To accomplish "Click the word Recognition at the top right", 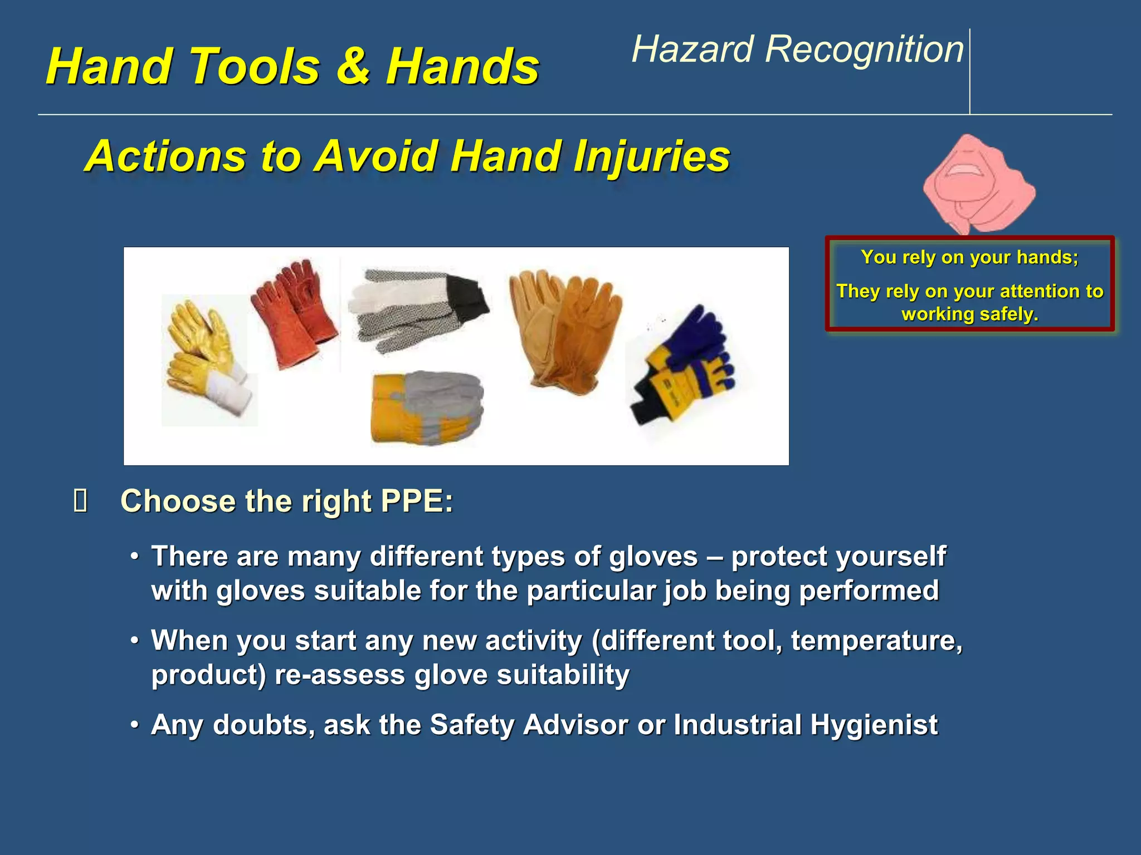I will pos(864,50).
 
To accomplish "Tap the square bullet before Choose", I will pos(80,501).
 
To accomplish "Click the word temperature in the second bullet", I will pos(876,641).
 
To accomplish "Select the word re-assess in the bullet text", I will pos(339,675).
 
